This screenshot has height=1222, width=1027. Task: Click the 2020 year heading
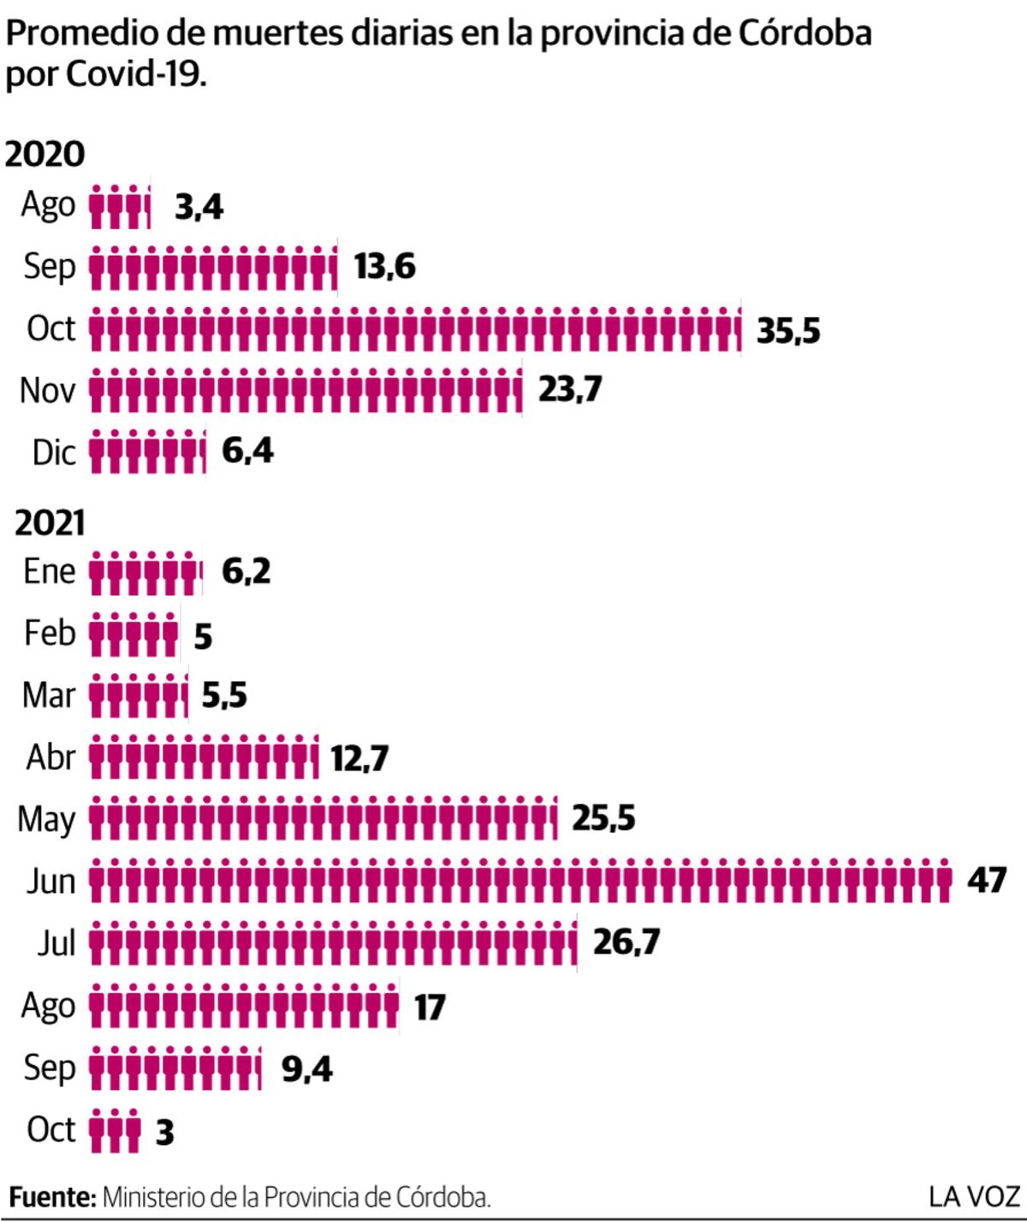click(45, 155)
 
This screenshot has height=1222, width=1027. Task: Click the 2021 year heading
click(50, 523)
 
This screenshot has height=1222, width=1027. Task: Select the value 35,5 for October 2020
click(788, 331)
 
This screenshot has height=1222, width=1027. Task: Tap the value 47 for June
click(987, 880)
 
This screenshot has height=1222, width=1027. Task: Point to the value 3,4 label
click(199, 209)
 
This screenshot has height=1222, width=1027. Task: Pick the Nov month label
click(47, 390)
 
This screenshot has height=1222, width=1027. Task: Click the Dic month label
click(54, 453)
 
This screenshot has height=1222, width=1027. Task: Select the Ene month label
click(50, 571)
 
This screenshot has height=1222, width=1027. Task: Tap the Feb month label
click(50, 634)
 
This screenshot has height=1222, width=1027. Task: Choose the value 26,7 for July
click(626, 942)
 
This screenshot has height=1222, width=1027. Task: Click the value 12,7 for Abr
click(359, 759)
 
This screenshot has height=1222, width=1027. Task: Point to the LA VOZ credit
click(974, 1197)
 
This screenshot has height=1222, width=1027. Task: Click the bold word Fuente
click(53, 1197)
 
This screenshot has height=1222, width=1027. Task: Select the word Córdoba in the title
click(804, 32)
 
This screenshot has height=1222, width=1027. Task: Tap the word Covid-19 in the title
click(136, 75)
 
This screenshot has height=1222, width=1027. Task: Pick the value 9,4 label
click(307, 1069)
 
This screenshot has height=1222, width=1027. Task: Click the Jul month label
click(56, 943)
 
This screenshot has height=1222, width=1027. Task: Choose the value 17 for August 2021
click(430, 1007)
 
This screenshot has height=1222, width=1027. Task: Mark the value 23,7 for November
click(569, 390)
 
